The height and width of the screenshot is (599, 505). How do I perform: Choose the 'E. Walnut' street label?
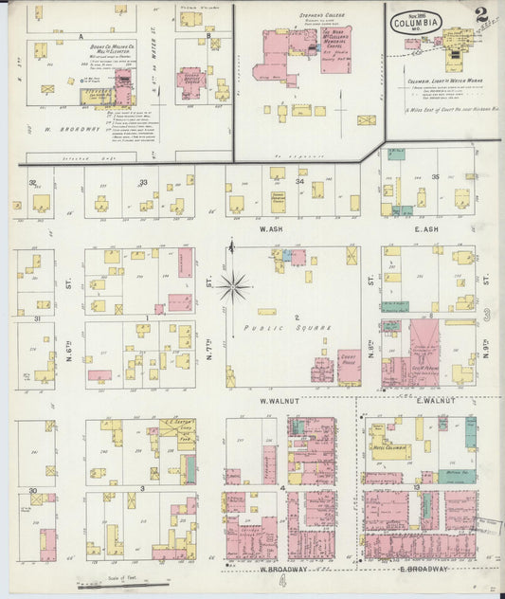435,401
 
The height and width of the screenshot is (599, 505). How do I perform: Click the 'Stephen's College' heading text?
293,15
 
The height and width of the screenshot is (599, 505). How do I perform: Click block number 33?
144,182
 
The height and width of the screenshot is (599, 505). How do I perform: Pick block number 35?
436,177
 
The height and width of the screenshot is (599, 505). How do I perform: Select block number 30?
32,491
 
